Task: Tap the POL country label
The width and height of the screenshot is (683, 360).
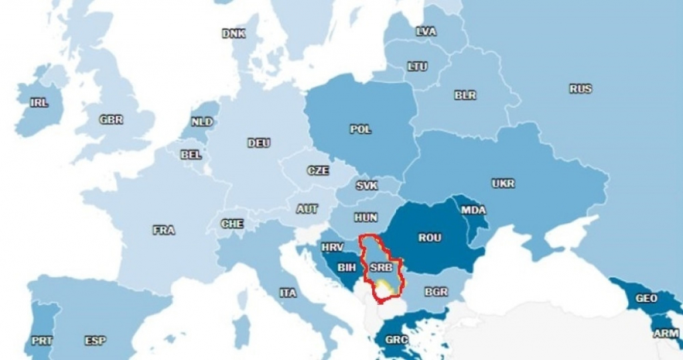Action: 361,129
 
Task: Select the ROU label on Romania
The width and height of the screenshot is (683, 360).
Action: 430,238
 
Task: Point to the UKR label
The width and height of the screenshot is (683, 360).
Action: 503,183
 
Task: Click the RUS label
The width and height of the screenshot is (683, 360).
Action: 580,89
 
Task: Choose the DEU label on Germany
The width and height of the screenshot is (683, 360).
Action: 259,143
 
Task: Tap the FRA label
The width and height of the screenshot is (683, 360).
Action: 164,230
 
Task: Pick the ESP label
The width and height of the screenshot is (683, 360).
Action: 95,341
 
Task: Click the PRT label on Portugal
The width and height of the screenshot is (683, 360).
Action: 42,341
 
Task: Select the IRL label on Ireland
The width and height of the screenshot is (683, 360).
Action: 39,103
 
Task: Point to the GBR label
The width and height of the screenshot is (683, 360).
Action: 111,120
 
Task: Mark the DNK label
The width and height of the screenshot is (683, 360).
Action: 233,33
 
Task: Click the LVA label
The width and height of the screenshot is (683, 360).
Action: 426,31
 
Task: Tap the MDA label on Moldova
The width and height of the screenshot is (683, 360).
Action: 474,210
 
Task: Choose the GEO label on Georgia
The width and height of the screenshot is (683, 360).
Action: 646,298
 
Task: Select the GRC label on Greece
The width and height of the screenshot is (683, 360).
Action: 396,340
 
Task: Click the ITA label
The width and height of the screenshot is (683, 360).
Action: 288,293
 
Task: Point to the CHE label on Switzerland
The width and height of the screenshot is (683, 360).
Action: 232,224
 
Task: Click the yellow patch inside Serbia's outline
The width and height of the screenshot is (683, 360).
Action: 384,287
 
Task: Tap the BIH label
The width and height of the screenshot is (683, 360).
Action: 347,268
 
